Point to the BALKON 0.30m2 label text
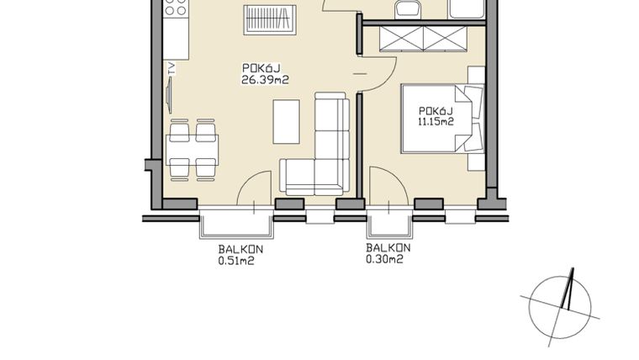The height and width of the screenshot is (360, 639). click(388, 254)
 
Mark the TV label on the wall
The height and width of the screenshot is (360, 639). click(171, 70)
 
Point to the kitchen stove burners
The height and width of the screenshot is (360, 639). click(175, 11)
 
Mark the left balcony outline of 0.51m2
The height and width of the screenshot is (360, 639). click(236, 225)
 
